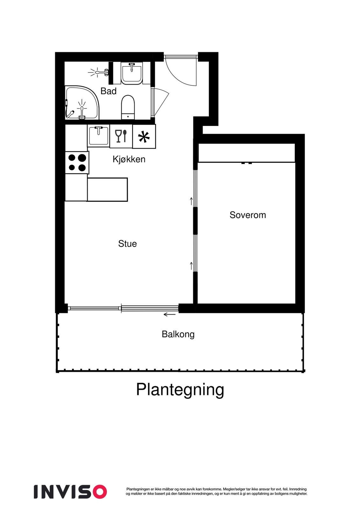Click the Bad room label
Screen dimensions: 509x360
[x=109, y=91]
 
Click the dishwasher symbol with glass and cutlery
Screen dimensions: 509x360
[x=121, y=136]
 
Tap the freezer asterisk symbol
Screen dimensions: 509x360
[x=144, y=137]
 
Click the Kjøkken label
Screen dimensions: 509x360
[x=129, y=159]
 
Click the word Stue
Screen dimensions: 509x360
[x=127, y=244]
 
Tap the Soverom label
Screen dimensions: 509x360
[x=248, y=215]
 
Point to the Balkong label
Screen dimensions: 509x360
[x=178, y=334]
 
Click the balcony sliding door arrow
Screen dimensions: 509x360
[x=169, y=315]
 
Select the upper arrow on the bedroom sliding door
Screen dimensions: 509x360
[x=191, y=201]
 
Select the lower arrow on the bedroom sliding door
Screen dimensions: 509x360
[x=191, y=266]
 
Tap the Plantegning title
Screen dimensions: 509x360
[x=180, y=389]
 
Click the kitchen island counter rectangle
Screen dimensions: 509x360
[x=107, y=190]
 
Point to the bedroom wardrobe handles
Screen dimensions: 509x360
[x=247, y=163]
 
